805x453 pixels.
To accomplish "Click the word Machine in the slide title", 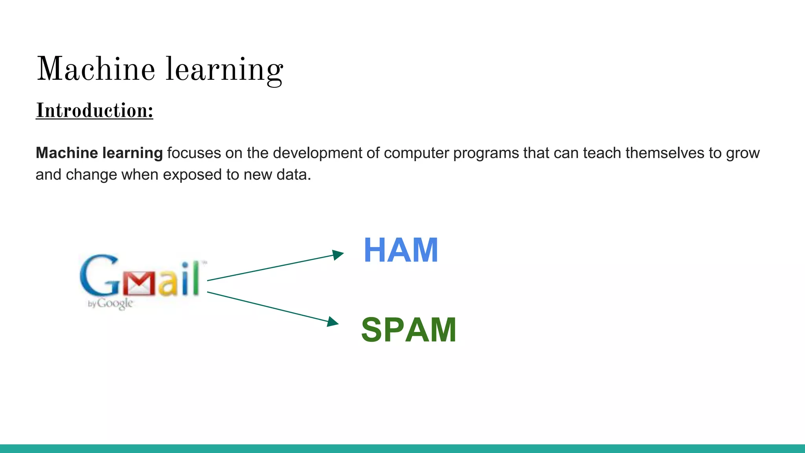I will pyautogui.click(x=96, y=69).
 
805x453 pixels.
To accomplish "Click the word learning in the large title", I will pyautogui.click(x=224, y=70).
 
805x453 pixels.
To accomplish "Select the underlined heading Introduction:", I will pyautogui.click(x=94, y=110).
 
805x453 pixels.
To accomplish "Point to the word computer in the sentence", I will pyautogui.click(x=416, y=153).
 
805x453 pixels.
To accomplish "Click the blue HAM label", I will pyautogui.click(x=401, y=250).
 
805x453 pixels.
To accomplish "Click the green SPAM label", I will pyautogui.click(x=408, y=330).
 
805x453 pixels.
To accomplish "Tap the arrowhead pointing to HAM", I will pyautogui.click(x=338, y=254).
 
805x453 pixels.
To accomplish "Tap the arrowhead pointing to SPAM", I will pyautogui.click(x=333, y=322).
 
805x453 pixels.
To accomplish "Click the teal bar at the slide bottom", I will pyautogui.click(x=402, y=448).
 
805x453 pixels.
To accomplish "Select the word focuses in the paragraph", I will pyautogui.click(x=194, y=153).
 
